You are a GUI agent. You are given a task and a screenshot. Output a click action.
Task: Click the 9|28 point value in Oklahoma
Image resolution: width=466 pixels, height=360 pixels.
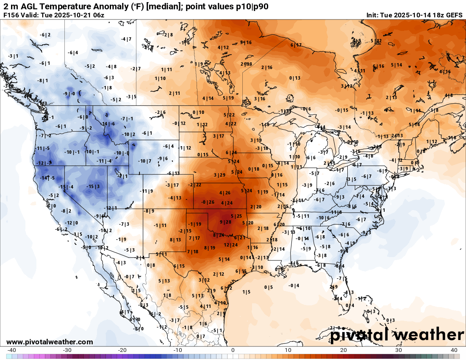[x=225, y=222]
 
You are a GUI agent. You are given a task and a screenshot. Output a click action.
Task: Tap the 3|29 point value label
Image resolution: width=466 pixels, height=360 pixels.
[x=219, y=175]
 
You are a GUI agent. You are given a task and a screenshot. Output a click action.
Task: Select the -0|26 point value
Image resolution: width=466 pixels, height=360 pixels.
[x=208, y=202]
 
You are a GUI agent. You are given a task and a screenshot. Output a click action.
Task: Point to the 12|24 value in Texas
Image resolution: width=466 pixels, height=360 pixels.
[x=230, y=245]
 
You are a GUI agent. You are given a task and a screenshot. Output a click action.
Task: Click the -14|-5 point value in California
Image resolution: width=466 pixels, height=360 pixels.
[x=47, y=178]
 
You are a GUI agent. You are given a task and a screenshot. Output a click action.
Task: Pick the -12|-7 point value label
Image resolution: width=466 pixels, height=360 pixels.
[x=44, y=163]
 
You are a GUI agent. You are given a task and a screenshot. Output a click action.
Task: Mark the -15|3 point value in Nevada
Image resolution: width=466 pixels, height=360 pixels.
[x=93, y=186]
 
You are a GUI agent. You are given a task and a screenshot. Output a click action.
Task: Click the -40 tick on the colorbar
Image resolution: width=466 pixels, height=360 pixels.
[x=11, y=350]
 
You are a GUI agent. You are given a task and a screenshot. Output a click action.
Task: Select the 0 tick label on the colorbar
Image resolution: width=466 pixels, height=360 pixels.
[x=233, y=350]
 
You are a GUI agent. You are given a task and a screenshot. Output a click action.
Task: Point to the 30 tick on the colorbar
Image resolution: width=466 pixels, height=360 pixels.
[x=399, y=350]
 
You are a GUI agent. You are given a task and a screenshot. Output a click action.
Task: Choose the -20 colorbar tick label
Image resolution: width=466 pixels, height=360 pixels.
[x=122, y=350]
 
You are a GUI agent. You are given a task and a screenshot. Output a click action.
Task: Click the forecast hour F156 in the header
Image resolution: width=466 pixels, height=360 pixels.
[x=11, y=15]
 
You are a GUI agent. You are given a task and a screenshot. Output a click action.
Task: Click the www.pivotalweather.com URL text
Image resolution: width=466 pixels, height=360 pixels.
[x=50, y=342]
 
